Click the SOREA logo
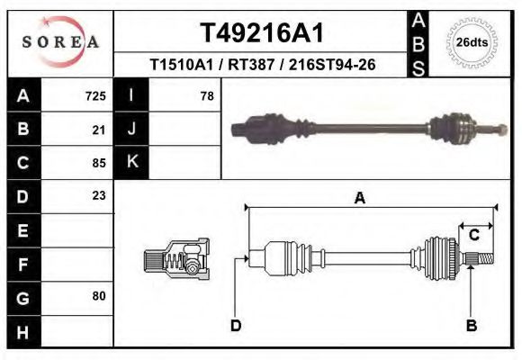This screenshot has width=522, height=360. pos(60,43)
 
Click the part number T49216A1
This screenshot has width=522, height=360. pos(261,33)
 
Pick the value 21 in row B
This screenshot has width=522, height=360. pos(99,130)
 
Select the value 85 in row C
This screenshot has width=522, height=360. pos(99,163)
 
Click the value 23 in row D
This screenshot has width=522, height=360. pos(99,195)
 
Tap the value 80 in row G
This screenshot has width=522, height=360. pos(99,295)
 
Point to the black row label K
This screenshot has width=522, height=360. pos(131,163)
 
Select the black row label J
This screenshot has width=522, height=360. pos(131,130)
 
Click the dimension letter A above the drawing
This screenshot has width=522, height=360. pos(359,199)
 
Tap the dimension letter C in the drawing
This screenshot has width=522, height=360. pos(473,235)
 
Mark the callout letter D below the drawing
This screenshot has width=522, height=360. pos(236,326)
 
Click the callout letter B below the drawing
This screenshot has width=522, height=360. pos(471,326)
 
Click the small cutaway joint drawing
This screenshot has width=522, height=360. pos(176,259)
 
